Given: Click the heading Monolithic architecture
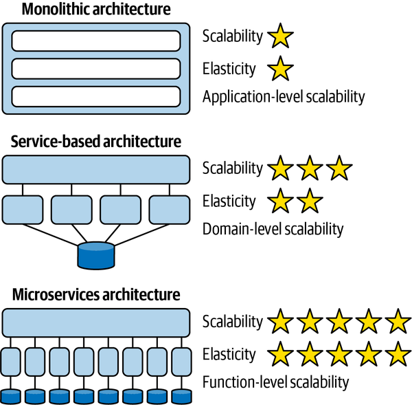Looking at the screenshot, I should [95, 10].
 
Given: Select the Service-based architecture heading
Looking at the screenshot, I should [96, 142].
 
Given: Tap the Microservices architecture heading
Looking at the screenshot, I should [96, 295].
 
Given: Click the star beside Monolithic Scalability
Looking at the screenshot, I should [279, 36].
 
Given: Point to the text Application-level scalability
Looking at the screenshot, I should [284, 97].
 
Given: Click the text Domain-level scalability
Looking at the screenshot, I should [273, 229].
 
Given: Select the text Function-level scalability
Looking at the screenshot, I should [275, 382].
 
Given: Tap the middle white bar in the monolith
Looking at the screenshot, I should [96, 68].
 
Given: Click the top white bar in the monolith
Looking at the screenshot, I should [96, 41].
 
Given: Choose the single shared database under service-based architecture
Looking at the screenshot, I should [96, 256].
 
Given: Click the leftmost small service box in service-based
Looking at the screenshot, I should [23, 209].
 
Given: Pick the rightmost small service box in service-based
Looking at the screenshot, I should [169, 209].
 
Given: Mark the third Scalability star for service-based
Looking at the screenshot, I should [339, 168].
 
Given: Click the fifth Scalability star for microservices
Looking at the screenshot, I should [398, 321].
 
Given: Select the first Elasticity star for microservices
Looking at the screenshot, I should [279, 354].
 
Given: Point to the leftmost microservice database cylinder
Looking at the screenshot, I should [12, 396].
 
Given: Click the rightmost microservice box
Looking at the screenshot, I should [181, 362].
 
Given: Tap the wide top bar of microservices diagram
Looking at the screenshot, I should [96, 322].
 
